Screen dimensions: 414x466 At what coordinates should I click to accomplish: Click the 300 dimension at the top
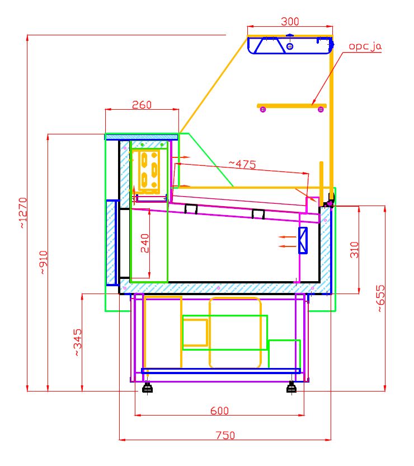pos(290,21)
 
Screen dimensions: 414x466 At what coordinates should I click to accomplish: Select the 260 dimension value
pos(142,105)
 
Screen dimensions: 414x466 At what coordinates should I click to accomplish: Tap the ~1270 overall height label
pos(23,213)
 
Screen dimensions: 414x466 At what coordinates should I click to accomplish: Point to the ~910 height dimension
pos(44,262)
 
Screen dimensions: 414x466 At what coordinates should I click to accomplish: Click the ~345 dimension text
pos(78,342)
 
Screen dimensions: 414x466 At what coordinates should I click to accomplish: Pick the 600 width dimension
pos(220,411)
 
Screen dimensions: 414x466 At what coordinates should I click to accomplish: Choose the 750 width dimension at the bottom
pos(225,435)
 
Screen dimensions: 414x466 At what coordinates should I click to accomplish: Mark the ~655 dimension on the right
pos(381,299)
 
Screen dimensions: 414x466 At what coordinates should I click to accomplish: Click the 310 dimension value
pos(354,250)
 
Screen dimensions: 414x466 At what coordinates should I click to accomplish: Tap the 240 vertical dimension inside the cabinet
pos(145,243)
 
